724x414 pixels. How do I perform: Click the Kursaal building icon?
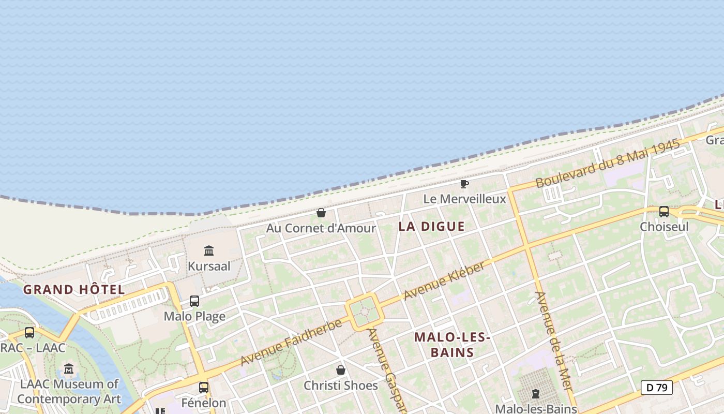(x=209, y=251)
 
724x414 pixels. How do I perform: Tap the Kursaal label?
(x=209, y=267)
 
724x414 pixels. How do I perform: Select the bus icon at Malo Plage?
(x=194, y=301)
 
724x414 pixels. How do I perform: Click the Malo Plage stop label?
(x=194, y=316)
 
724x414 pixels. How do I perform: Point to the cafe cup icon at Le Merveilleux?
(x=464, y=184)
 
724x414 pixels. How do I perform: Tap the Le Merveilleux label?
(x=464, y=199)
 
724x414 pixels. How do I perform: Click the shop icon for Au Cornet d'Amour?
(x=321, y=213)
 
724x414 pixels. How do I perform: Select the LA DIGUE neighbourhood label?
(x=431, y=226)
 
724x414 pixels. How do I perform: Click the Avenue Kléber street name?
(x=444, y=281)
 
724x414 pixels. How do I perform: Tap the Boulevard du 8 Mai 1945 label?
(x=607, y=164)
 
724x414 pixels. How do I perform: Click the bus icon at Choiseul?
(x=664, y=211)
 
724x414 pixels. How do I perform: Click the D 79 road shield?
(x=656, y=387)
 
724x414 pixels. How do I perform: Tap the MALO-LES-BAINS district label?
(x=452, y=345)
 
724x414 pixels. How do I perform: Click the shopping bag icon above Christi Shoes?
(x=341, y=370)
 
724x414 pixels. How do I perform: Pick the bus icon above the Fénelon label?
(x=204, y=387)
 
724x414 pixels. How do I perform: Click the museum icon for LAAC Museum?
(x=69, y=369)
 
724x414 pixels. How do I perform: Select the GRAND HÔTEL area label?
(x=74, y=289)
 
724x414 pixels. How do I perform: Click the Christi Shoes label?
(x=341, y=386)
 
